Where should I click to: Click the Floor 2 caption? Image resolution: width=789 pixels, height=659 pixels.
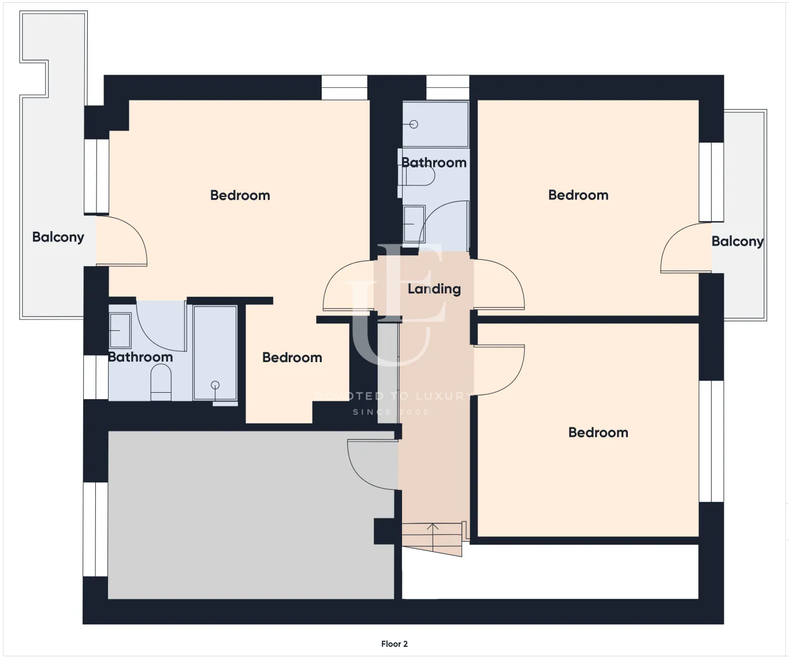pyautogui.click(x=394, y=643)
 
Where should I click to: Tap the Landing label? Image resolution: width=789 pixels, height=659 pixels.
pyautogui.click(x=434, y=289)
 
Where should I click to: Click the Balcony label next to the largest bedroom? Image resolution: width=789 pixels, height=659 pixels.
pyautogui.click(x=58, y=237)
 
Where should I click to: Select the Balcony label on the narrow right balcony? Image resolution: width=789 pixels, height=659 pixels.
pyautogui.click(x=737, y=241)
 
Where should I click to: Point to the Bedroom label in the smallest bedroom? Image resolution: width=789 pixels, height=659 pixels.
pyautogui.click(x=292, y=358)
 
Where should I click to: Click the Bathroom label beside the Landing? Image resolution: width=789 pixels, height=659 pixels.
pyautogui.click(x=434, y=162)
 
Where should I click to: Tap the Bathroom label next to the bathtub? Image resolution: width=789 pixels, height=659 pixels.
pyautogui.click(x=140, y=357)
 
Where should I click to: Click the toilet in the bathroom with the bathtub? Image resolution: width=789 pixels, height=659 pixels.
pyautogui.click(x=161, y=384)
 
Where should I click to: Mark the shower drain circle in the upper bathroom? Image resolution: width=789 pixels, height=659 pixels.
pyautogui.click(x=414, y=124)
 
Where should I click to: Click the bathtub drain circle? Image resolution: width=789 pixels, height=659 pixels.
pyautogui.click(x=215, y=385)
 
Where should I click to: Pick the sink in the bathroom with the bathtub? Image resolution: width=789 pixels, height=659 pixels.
pyautogui.click(x=120, y=330)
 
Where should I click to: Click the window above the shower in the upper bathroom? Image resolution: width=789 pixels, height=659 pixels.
pyautogui.click(x=448, y=88)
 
